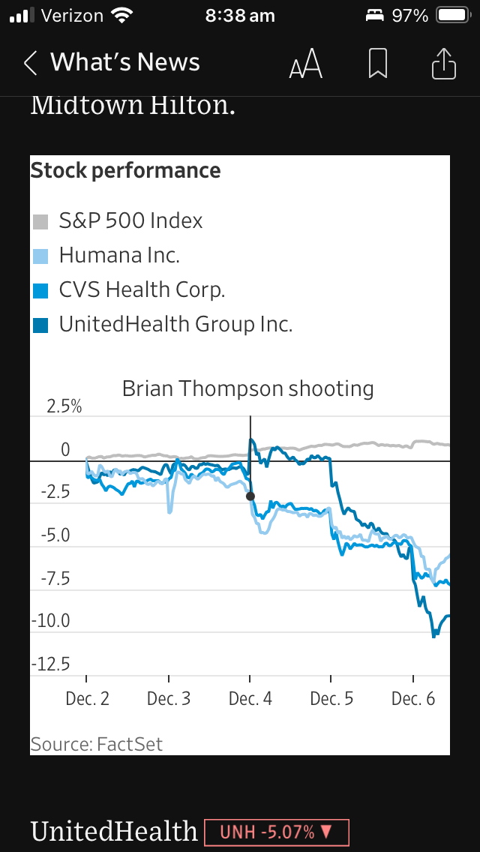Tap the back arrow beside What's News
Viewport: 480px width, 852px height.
click(x=31, y=63)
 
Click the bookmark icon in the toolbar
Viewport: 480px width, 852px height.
click(x=378, y=64)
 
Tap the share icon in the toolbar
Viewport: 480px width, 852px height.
click(x=444, y=64)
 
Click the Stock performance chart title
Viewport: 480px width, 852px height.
click(x=125, y=171)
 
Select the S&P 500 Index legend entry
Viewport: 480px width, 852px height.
click(x=130, y=221)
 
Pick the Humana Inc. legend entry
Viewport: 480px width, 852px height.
click(x=119, y=256)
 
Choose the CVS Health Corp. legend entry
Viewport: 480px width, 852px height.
click(x=142, y=290)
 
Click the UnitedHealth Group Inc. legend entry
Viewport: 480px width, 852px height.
click(x=175, y=325)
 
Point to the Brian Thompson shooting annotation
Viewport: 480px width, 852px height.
click(x=247, y=388)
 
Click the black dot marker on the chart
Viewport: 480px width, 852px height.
click(x=250, y=496)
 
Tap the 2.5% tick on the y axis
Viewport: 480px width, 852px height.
click(x=64, y=407)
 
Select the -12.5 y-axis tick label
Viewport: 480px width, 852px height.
click(x=50, y=664)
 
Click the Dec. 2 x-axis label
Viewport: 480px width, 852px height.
click(x=87, y=699)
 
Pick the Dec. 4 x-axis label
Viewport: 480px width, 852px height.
click(x=250, y=699)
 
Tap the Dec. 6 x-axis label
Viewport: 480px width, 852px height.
click(x=413, y=699)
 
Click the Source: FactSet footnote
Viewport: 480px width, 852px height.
click(x=96, y=744)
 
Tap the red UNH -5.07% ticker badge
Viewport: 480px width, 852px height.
click(x=276, y=831)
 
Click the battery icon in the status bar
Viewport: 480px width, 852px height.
click(x=452, y=15)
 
